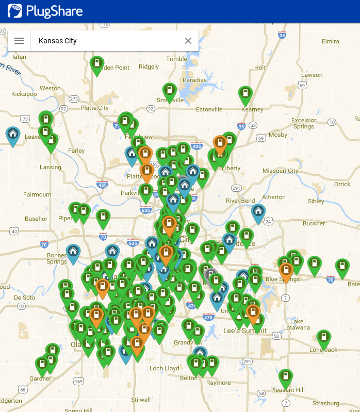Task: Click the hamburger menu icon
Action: tap(19, 41)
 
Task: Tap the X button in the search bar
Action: tap(188, 41)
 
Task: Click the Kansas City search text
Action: tap(58, 41)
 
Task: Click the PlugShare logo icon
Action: tap(15, 11)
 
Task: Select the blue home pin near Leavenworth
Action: tap(13, 135)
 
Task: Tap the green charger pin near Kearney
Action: tap(246, 94)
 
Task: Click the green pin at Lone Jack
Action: tap(323, 339)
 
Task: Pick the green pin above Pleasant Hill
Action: tap(286, 377)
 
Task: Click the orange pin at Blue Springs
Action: tap(286, 271)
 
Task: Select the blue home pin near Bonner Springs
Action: tap(73, 253)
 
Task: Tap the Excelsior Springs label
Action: tap(303, 123)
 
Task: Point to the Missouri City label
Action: tap(280, 171)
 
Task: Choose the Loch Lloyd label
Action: tap(165, 368)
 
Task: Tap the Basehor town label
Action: tap(36, 219)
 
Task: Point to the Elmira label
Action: tap(330, 41)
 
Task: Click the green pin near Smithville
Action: tap(170, 92)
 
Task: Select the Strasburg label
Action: tap(325, 403)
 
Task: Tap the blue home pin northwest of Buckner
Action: tap(258, 212)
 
